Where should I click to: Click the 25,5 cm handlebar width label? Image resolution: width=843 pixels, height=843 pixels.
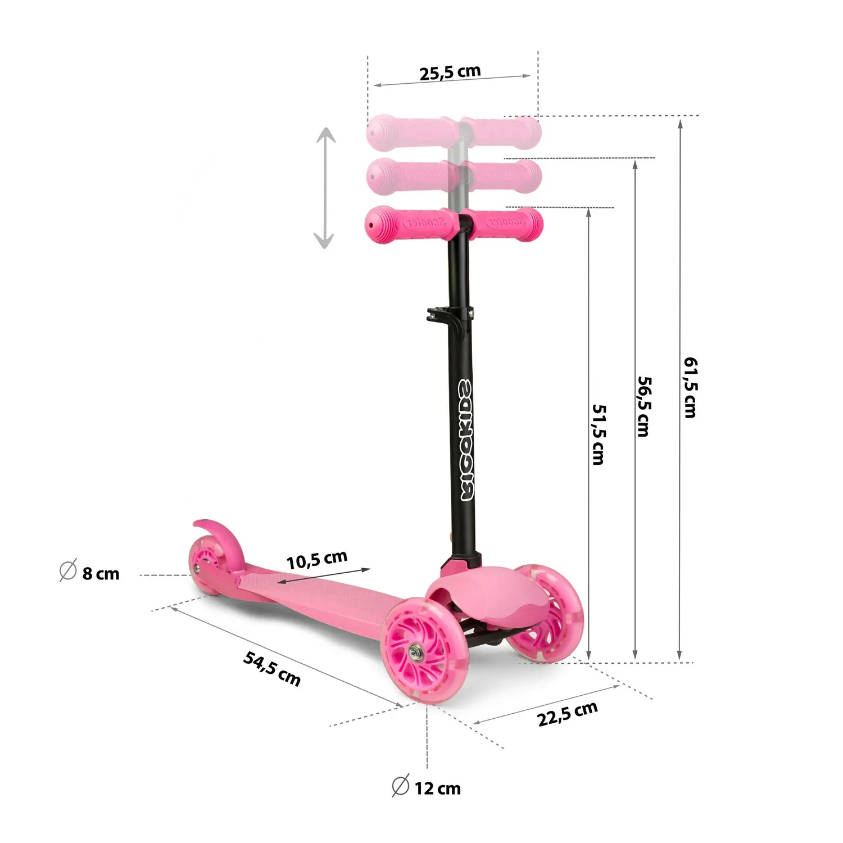tap(450, 72)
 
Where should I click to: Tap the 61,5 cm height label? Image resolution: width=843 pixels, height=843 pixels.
tap(690, 387)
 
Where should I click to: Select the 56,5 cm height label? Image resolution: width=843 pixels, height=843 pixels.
tap(644, 406)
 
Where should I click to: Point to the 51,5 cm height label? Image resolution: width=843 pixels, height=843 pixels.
tap(599, 434)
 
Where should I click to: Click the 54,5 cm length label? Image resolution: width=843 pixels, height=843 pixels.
tap(272, 668)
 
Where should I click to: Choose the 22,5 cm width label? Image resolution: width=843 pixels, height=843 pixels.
tap(567, 714)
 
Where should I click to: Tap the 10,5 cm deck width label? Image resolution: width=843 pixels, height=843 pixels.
tap(317, 560)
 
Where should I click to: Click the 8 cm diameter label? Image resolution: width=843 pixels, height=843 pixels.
tap(101, 574)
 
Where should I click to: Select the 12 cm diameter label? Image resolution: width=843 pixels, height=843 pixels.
tap(437, 788)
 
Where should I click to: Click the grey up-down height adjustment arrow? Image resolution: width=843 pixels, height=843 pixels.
tap(325, 188)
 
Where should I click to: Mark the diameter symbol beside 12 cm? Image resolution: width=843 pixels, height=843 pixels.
tap(400, 786)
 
